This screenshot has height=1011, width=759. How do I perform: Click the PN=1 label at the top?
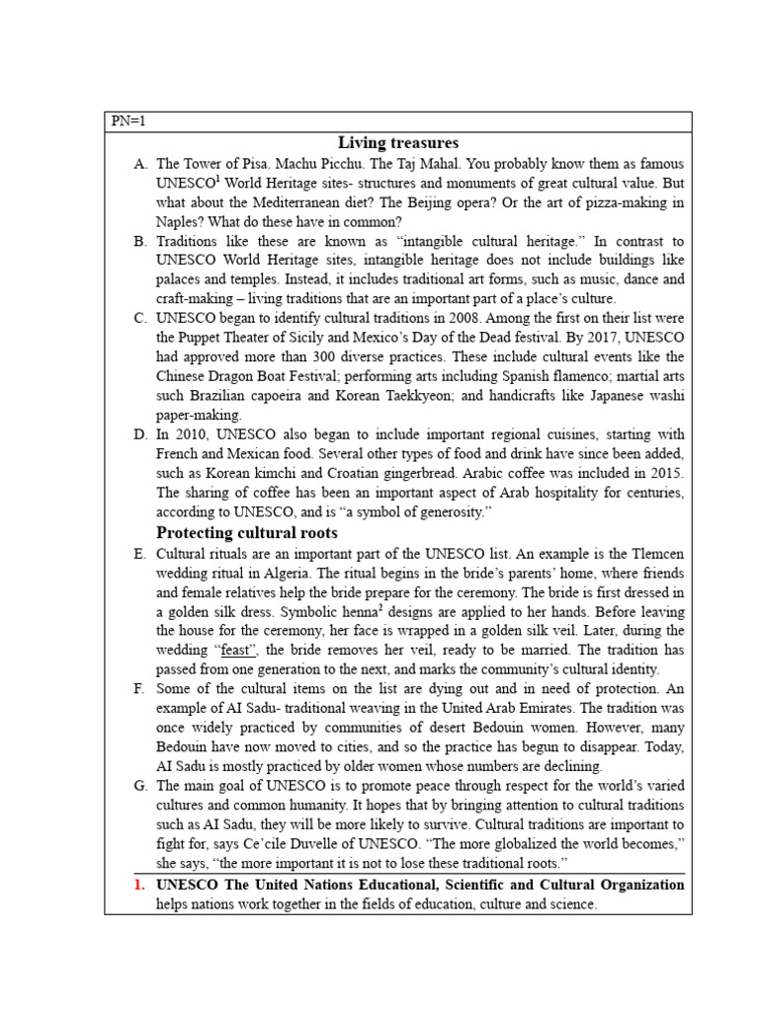pyautogui.click(x=128, y=121)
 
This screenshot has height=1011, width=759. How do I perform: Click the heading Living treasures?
pyautogui.click(x=398, y=143)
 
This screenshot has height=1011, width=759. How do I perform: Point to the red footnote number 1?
pyautogui.click(x=139, y=885)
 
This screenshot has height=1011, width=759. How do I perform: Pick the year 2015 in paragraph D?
pyautogui.click(x=662, y=473)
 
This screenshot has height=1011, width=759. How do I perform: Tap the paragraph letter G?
pyautogui.click(x=139, y=786)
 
